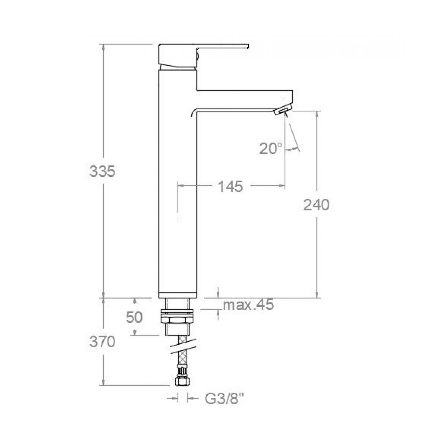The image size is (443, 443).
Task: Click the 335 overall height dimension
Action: pyautogui.click(x=102, y=171)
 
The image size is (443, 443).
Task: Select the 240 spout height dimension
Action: pyautogui.click(x=316, y=205)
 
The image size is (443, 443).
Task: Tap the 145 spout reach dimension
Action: pyautogui.click(x=230, y=186)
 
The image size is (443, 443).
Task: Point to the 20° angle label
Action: pyautogui.click(x=271, y=148)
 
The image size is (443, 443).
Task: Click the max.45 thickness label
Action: pyautogui.click(x=248, y=305)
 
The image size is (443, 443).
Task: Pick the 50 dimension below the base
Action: pyautogui.click(x=134, y=317)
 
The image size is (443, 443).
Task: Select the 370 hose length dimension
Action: pyautogui.click(x=102, y=342)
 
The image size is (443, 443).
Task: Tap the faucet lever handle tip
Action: pyautogui.click(x=245, y=47)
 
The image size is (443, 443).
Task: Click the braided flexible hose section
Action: pyautogui.click(x=182, y=360)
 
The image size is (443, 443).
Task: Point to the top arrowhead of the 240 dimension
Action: pyautogui.click(x=316, y=112)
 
